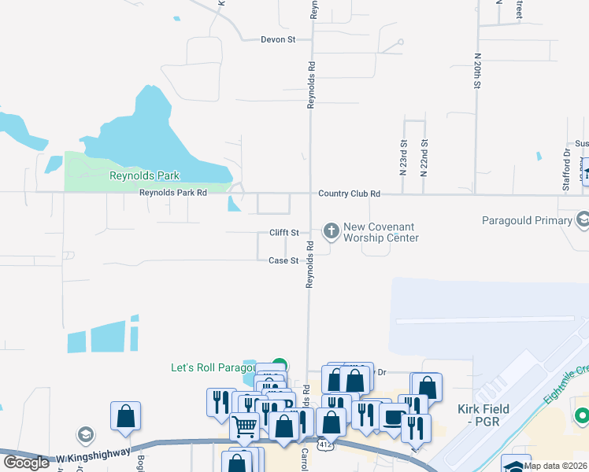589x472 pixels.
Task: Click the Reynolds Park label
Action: pos(144,176)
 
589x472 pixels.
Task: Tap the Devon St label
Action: pos(278,39)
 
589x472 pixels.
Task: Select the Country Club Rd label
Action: pos(349,194)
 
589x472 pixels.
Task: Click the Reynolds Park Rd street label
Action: pos(172,193)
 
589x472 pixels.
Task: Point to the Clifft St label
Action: pos(284,233)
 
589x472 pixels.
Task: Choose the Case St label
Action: pos(283,260)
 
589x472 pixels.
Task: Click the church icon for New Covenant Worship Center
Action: pos(332,230)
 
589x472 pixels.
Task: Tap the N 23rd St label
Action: pos(402,157)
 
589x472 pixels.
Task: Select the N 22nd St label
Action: pos(424,157)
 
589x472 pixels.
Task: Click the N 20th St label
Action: pos(477,70)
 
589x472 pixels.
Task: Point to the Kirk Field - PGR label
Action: pos(483,415)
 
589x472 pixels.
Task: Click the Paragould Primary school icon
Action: pos(583,218)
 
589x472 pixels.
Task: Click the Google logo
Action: pos(27,463)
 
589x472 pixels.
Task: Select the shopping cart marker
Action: pos(245,426)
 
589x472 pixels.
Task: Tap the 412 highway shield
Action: pos(324,445)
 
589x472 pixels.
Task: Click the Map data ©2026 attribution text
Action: pos(555,466)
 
